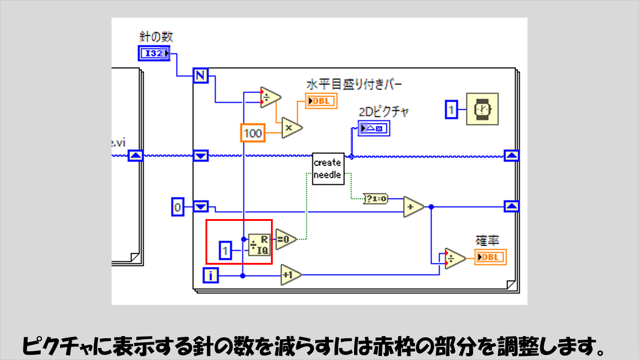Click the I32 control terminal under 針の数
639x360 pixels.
[154, 53]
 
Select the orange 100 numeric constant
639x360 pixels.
[252, 133]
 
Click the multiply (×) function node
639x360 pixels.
[291, 127]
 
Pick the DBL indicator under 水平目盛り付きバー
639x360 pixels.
[321, 101]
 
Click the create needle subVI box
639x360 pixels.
[328, 168]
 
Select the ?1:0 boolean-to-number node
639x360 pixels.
[376, 198]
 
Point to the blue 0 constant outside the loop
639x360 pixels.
[178, 208]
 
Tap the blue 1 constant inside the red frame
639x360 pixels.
[225, 251]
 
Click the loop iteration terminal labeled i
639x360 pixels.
[211, 275]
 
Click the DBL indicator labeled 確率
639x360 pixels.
[490, 257]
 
